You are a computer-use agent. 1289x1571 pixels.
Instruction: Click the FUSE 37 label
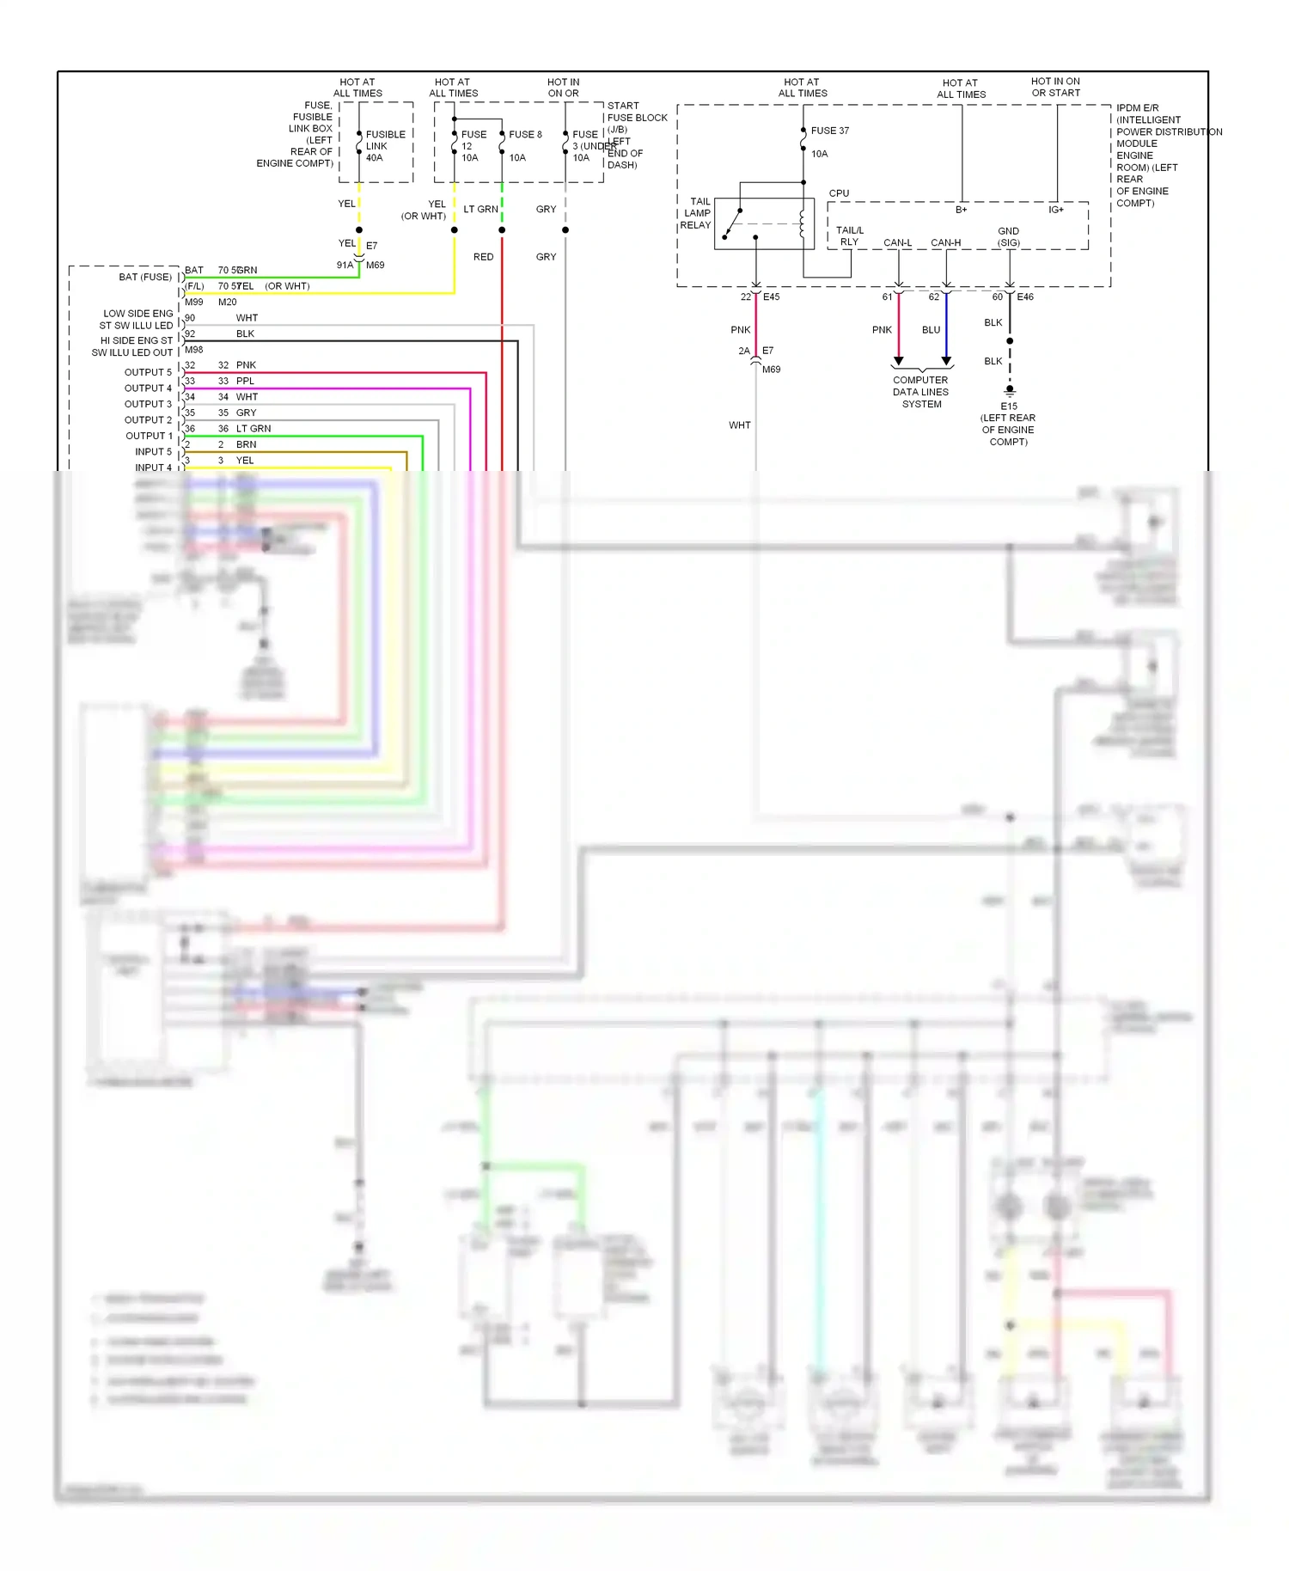[x=829, y=131]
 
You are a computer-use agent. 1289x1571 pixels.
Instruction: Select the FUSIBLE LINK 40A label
[x=384, y=146]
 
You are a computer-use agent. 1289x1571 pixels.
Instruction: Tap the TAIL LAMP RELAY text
[x=696, y=213]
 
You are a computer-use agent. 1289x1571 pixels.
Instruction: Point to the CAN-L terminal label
[x=897, y=242]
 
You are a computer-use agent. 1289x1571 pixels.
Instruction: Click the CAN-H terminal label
[x=945, y=242]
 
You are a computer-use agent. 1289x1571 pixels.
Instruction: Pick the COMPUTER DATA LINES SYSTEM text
[x=920, y=392]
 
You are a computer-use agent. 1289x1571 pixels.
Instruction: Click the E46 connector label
[x=1025, y=296]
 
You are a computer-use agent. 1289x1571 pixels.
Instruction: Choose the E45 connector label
[x=771, y=296]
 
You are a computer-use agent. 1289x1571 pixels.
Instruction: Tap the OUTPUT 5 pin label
[x=148, y=372]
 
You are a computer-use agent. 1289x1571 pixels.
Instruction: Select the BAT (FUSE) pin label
[x=144, y=277]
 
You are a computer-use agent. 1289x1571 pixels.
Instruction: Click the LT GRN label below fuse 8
[x=480, y=209]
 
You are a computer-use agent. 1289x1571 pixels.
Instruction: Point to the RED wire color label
[x=483, y=257]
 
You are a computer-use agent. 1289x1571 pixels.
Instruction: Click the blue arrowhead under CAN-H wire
[x=946, y=361]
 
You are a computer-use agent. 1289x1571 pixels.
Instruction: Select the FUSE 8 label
[x=525, y=134]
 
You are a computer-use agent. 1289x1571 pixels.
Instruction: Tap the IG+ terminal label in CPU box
[x=1055, y=210]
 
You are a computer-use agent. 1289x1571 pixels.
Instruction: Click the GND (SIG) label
[x=1008, y=237]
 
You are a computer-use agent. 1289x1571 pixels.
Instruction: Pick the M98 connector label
[x=194, y=350]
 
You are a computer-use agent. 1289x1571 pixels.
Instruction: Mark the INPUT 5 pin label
[x=153, y=451]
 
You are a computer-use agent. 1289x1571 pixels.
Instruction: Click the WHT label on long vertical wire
[x=739, y=425]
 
